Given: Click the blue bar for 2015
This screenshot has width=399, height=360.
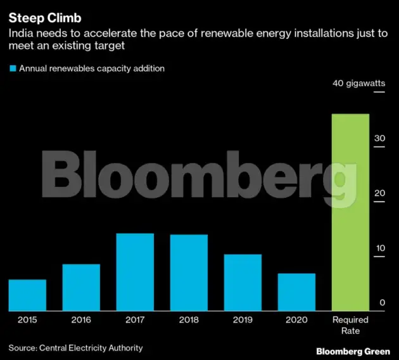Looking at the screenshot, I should click(27, 295).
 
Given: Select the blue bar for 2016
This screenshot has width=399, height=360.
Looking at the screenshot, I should click(81, 287).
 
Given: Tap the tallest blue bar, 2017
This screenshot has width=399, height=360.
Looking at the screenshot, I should click(135, 272).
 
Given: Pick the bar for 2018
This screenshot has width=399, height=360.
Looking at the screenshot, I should click(189, 273).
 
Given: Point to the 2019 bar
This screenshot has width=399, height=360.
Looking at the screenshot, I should click(243, 282).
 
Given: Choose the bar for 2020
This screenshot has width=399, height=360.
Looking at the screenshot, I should click(296, 292).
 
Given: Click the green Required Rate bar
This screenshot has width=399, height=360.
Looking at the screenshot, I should click(350, 212).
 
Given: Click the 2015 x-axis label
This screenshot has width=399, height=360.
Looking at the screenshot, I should click(27, 320).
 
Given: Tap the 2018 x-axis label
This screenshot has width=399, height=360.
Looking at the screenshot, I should click(189, 320).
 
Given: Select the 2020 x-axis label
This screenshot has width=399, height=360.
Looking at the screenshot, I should click(296, 320).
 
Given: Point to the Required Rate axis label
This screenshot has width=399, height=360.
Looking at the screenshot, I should click(350, 325).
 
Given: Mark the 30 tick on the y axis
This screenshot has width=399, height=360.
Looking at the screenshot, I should click(379, 138).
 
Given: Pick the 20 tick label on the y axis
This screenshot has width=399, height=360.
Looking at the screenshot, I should click(379, 193).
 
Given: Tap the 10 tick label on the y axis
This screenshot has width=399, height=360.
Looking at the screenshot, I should click(379, 248).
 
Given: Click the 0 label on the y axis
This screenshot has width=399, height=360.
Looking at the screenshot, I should click(382, 303).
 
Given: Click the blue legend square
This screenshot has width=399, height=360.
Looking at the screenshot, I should click(12, 68).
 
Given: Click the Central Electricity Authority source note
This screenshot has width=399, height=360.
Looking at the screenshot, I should click(75, 347).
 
